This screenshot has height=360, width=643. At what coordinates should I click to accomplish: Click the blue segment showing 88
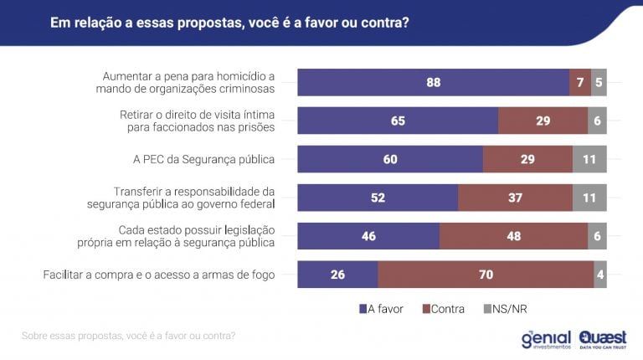[x=433, y=82]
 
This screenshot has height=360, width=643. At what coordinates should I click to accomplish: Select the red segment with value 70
[x=486, y=274]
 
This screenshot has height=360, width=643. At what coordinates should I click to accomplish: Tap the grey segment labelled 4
[x=600, y=274]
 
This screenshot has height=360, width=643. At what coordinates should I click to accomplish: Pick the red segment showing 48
[x=513, y=236]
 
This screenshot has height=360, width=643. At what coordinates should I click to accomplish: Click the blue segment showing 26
[x=337, y=274]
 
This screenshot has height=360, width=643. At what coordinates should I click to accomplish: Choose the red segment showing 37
[x=515, y=198]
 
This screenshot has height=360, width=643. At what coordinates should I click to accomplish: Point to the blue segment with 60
[x=390, y=159]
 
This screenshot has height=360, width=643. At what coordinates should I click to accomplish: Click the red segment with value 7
[x=580, y=82]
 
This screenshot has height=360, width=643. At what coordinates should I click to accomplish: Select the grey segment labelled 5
[x=599, y=82]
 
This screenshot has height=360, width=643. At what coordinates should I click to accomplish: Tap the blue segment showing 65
[x=398, y=121]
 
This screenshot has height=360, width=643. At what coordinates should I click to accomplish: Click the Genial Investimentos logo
[x=545, y=337]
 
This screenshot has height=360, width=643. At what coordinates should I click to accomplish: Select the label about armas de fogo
[x=159, y=274]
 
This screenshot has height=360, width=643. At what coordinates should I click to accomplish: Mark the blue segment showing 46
[x=368, y=236]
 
